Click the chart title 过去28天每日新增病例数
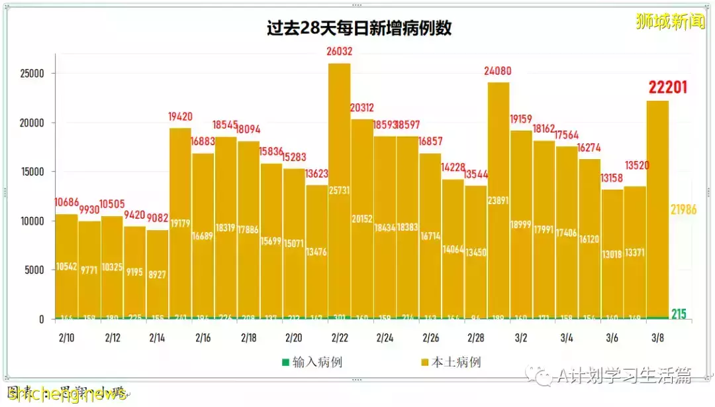tap(359, 30)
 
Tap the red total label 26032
tap(339, 51)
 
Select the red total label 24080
tap(498, 70)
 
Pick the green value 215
tap(679, 314)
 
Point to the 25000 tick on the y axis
tap(30, 74)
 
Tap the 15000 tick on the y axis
tap(30, 172)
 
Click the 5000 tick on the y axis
tap(33, 270)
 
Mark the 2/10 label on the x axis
tap(66, 338)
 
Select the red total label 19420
tap(181, 117)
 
